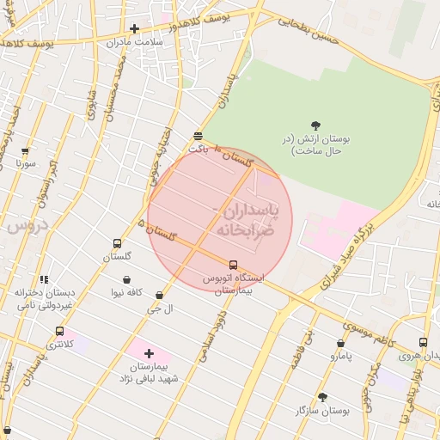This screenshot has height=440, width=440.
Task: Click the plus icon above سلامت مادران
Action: pos(134,28)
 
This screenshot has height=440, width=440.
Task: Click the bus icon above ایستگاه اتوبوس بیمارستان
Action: pos(234,265)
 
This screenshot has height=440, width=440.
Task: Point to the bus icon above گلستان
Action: pos(117,244)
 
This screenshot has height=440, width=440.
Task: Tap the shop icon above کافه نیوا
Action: pos(126,279)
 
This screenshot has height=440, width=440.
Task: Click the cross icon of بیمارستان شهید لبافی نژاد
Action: pos(149,353)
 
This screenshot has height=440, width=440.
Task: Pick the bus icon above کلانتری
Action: pos(59,331)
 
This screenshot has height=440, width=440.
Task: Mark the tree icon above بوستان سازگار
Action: pos(323,397)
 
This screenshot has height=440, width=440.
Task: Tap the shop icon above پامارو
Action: pos(341,343)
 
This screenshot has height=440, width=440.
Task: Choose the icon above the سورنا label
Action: pos(25,150)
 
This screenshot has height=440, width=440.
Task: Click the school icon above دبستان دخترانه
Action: pos(45,279)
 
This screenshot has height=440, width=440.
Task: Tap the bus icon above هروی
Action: pos(423,342)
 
